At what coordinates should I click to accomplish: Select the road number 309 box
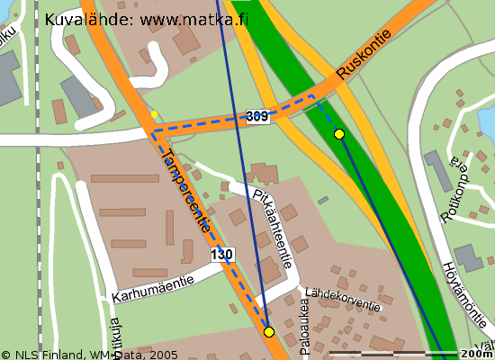pos(257,116)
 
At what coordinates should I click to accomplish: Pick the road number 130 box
pos(222,256)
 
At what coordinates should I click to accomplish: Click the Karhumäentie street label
pos(153,289)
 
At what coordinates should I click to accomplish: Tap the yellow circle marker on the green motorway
pos(339,134)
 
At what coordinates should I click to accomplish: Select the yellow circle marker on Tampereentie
pos(268,332)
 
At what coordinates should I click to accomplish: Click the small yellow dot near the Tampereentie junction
pos(154,114)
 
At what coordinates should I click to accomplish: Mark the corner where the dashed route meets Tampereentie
pos(153,132)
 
